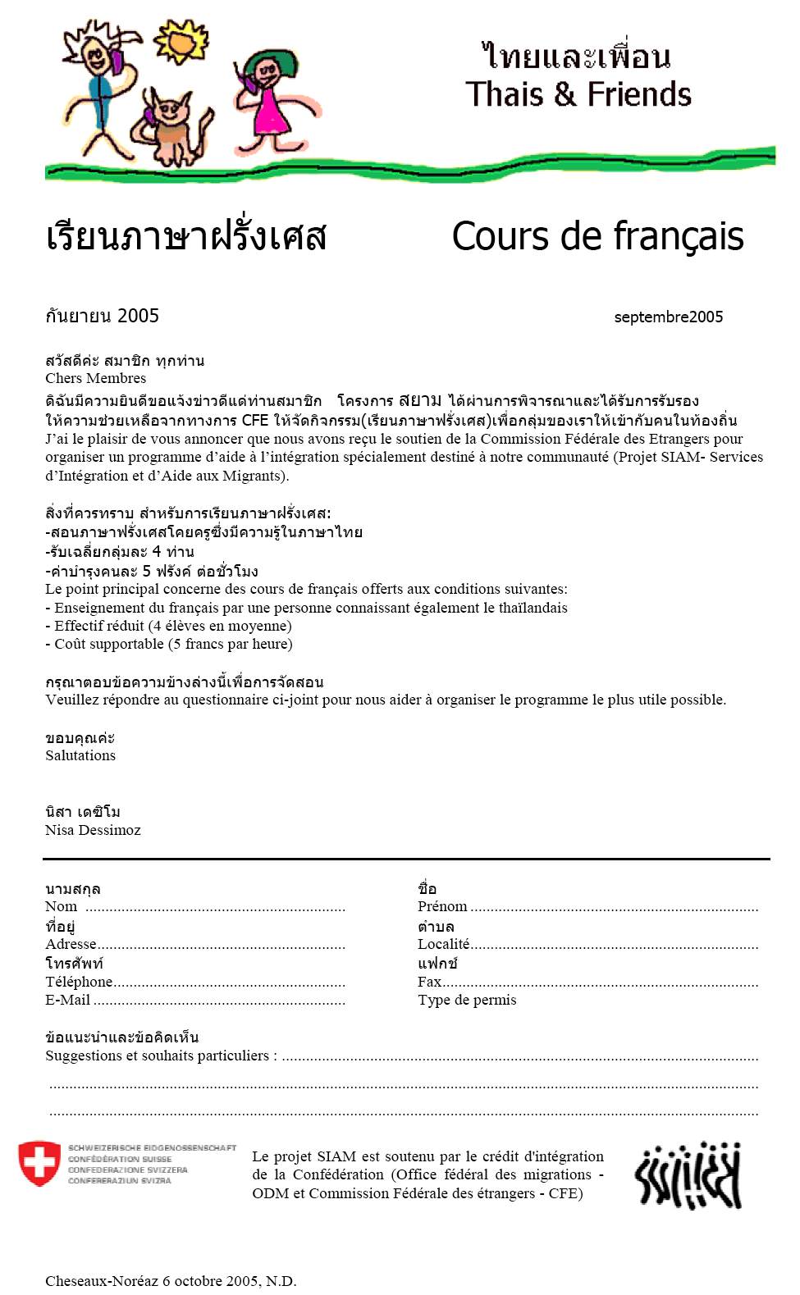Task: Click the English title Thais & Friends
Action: pyautogui.click(x=578, y=94)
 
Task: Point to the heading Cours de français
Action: pyautogui.click(x=597, y=237)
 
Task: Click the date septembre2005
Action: pyautogui.click(x=668, y=317)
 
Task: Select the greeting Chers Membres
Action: pyautogui.click(x=95, y=378)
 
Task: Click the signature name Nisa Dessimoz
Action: pyautogui.click(x=93, y=830)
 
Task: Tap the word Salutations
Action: pyautogui.click(x=80, y=755)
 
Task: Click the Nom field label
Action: pyautogui.click(x=61, y=906)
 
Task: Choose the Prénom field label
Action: pyautogui.click(x=442, y=906)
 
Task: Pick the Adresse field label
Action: pyautogui.click(x=71, y=944)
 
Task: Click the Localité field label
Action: pyautogui.click(x=443, y=944)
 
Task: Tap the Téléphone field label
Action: pyautogui.click(x=79, y=982)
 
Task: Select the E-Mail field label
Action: pyautogui.click(x=67, y=1000)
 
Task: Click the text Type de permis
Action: pyautogui.click(x=467, y=1000)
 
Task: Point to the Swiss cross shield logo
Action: pyautogui.click(x=39, y=1163)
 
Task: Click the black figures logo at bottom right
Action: pyautogui.click(x=688, y=1174)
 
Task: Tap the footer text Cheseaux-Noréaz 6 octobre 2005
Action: pyautogui.click(x=171, y=1280)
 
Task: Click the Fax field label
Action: pyautogui.click(x=429, y=982)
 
